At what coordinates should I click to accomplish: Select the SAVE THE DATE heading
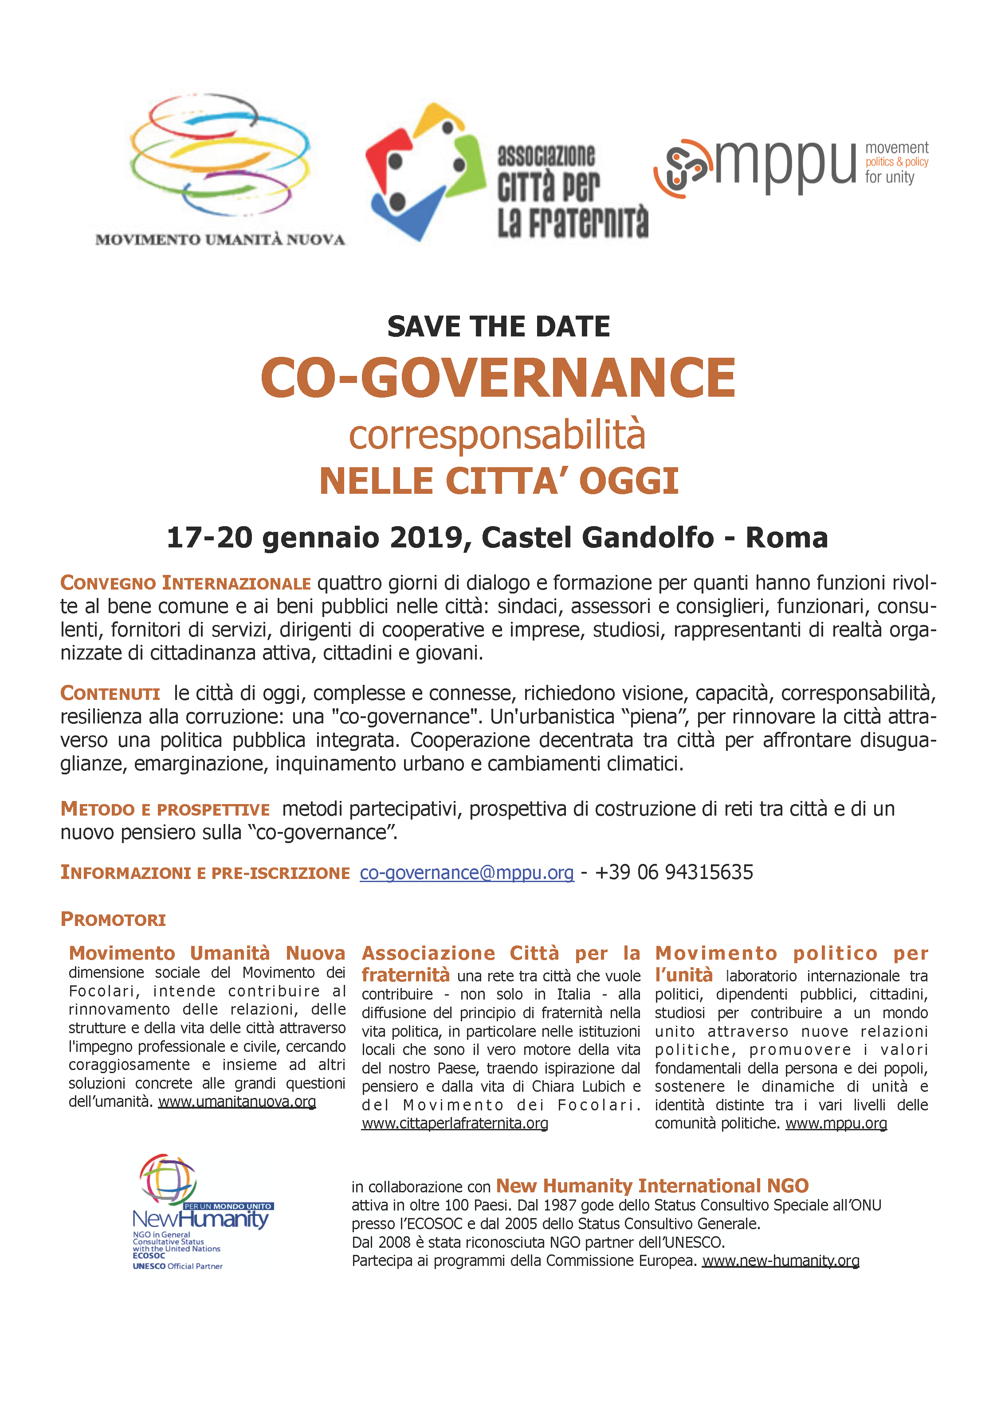498,327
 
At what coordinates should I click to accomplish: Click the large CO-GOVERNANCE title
498,378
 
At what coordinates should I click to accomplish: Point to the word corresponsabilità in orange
497,435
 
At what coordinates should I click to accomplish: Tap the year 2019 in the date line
425,537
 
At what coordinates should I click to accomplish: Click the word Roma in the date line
786,537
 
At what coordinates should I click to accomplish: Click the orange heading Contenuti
110,693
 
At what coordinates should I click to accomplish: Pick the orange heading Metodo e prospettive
165,809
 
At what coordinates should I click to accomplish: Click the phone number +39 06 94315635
674,872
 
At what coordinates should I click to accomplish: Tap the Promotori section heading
113,919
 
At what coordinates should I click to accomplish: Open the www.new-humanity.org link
780,1260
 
